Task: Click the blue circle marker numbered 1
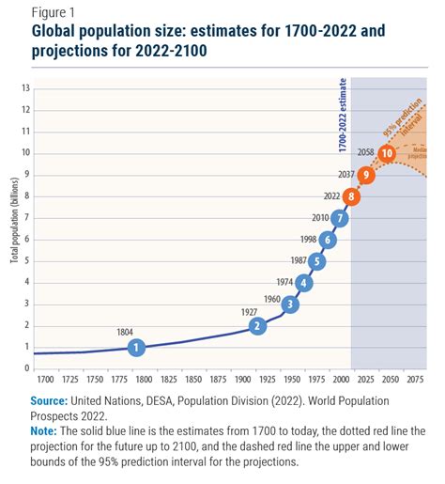tap(136, 347)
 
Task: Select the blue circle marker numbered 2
tap(257, 325)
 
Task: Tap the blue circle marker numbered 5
tap(316, 261)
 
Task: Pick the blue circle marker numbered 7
tap(339, 218)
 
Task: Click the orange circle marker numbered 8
tap(351, 196)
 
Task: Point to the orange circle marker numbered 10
tap(386, 153)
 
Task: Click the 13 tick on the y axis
tap(26, 87)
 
